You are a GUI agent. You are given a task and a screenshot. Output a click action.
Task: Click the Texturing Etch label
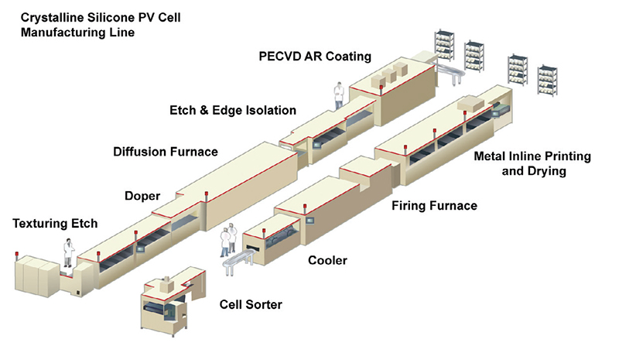tap(56, 225)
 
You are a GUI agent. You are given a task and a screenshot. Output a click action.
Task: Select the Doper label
tap(142, 197)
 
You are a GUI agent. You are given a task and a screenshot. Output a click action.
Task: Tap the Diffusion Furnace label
tap(166, 151)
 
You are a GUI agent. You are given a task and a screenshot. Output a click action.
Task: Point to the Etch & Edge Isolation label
tap(233, 111)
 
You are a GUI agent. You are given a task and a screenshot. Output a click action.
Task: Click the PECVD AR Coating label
tap(315, 56)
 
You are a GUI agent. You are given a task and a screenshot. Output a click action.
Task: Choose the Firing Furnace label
tap(434, 206)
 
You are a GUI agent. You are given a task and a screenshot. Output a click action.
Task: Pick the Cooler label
tap(327, 260)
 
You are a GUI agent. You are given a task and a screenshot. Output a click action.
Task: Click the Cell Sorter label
tap(251, 305)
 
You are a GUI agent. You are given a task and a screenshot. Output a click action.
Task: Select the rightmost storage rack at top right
tap(547, 81)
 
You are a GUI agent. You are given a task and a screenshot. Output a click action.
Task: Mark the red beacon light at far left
tap(17, 254)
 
